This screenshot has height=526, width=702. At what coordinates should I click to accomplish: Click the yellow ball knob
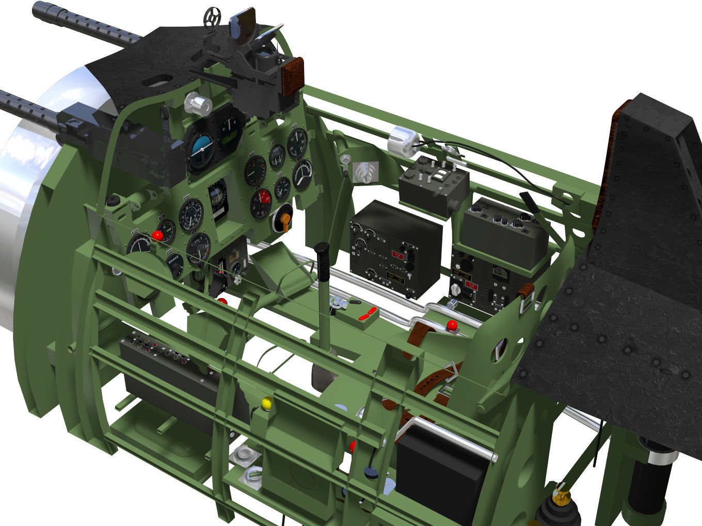(267, 403)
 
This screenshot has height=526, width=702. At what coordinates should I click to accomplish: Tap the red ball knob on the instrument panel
(157, 236)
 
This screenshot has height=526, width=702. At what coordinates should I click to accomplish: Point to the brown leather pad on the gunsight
(292, 77)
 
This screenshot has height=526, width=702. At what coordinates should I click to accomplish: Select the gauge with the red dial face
(262, 203)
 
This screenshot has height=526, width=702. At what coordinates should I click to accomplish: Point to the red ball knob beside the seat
(452, 326)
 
